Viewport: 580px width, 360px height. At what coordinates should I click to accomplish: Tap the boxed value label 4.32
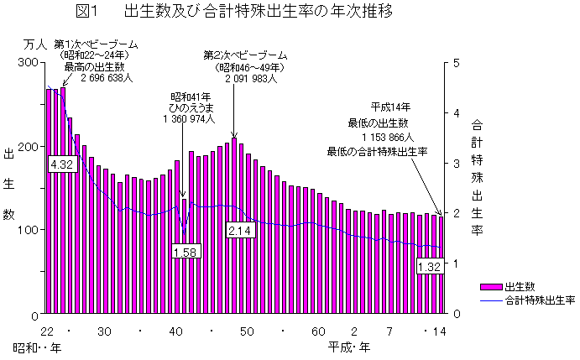(x=62, y=164)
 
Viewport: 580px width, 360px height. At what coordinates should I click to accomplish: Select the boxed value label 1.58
(x=185, y=251)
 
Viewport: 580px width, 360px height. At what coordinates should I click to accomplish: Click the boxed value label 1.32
(x=429, y=267)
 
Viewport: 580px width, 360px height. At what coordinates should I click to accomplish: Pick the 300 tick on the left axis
(x=28, y=63)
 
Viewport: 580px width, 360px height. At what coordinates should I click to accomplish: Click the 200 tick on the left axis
(x=28, y=147)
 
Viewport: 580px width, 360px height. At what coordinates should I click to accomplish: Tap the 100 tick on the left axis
(x=28, y=230)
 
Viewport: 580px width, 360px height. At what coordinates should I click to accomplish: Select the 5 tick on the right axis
(x=456, y=63)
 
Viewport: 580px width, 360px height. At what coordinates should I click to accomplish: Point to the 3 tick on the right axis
(x=456, y=164)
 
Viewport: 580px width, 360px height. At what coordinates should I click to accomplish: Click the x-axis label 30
(x=104, y=331)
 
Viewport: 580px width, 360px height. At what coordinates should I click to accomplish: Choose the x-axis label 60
(x=318, y=331)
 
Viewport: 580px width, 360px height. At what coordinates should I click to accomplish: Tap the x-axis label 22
(x=47, y=331)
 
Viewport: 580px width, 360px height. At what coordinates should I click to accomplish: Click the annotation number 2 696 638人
(x=107, y=79)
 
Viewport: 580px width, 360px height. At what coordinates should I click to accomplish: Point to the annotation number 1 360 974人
(x=190, y=120)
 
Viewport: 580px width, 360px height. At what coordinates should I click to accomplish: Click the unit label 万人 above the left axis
(x=34, y=44)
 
